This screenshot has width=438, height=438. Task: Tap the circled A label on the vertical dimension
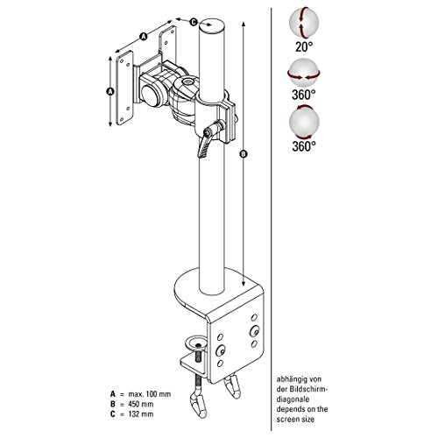[x=109, y=91]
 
